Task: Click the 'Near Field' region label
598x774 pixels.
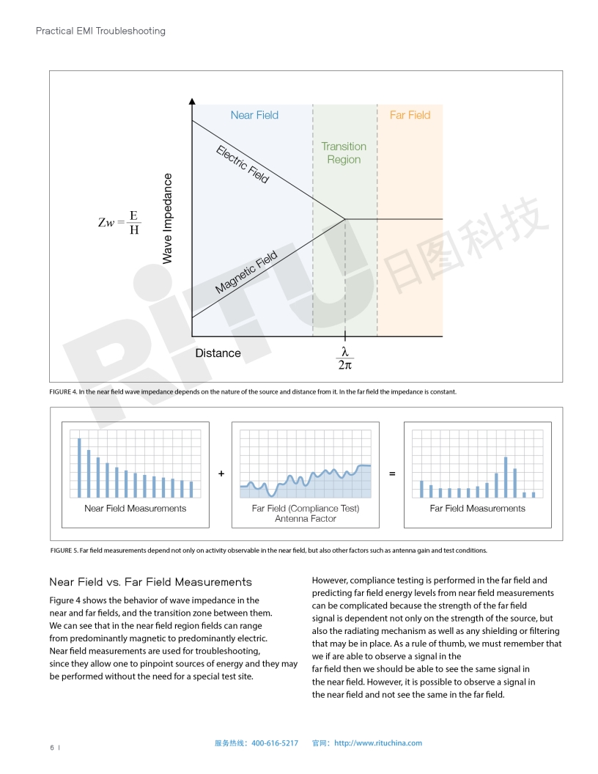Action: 254,115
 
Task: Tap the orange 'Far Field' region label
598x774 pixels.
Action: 410,115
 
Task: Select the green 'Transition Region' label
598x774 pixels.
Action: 344,152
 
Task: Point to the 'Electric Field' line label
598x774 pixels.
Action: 243,164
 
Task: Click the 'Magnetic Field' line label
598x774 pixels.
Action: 246,273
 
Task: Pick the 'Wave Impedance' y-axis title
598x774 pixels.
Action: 168,218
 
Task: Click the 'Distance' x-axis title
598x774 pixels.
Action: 218,353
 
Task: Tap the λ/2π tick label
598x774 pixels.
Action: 344,358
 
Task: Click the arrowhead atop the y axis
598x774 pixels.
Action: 192,101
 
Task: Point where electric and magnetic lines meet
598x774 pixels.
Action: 345,218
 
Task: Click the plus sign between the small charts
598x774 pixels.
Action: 221,474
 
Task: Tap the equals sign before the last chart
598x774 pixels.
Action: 392,474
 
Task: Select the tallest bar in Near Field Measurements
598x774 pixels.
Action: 79,468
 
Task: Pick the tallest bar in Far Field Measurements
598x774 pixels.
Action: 506,476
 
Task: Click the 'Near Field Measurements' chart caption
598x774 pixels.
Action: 136,509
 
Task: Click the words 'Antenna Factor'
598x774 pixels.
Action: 306,519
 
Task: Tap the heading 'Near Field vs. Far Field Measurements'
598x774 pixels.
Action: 150,582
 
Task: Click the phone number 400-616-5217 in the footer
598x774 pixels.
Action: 275,743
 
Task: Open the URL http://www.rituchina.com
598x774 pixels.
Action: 378,743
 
